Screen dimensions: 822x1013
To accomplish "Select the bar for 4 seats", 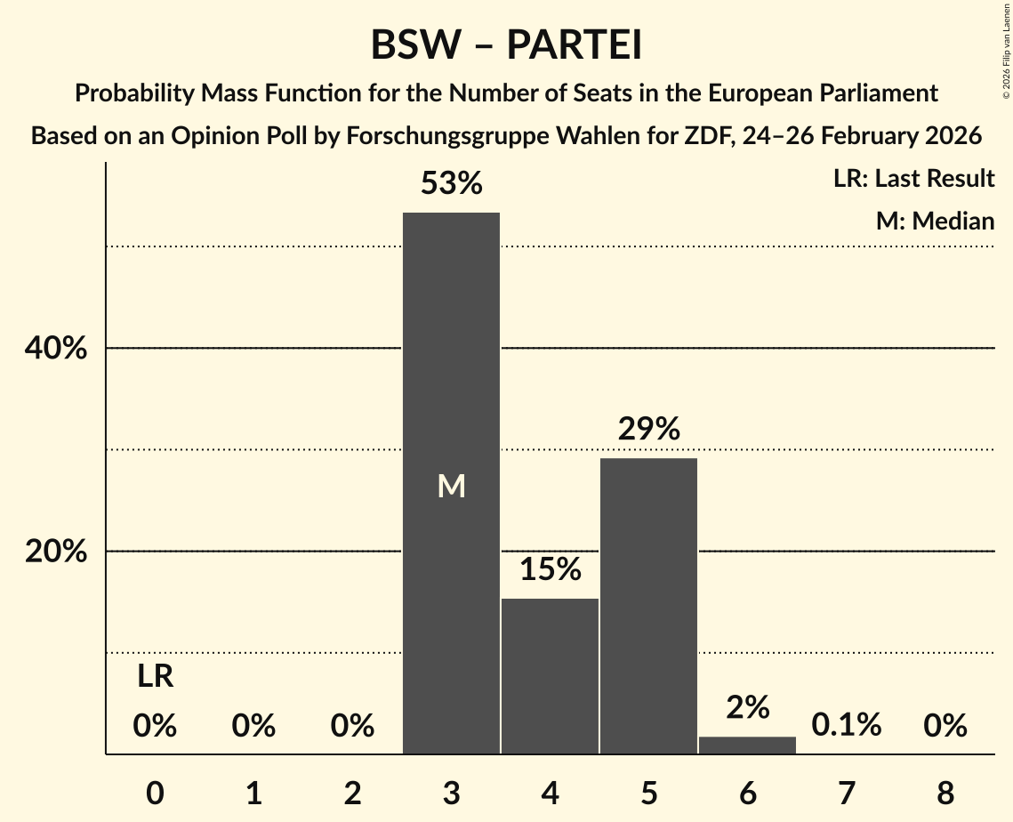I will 550,676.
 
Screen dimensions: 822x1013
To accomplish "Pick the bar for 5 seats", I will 648,606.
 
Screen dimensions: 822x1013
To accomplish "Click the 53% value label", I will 451,184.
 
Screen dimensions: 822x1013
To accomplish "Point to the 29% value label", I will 648,430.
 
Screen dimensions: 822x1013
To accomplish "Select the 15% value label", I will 550,569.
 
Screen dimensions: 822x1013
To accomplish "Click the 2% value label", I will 747,707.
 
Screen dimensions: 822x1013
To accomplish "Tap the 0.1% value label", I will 846,725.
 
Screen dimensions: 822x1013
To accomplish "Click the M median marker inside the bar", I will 451,486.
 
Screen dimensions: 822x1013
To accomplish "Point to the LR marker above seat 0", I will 155,677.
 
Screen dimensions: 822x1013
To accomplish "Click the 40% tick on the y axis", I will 55,349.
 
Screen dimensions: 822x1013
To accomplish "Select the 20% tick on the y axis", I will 55,552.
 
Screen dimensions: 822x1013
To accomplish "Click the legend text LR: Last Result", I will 913,179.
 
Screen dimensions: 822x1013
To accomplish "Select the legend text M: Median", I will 935,221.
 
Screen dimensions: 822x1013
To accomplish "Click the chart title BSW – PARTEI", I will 506,45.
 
